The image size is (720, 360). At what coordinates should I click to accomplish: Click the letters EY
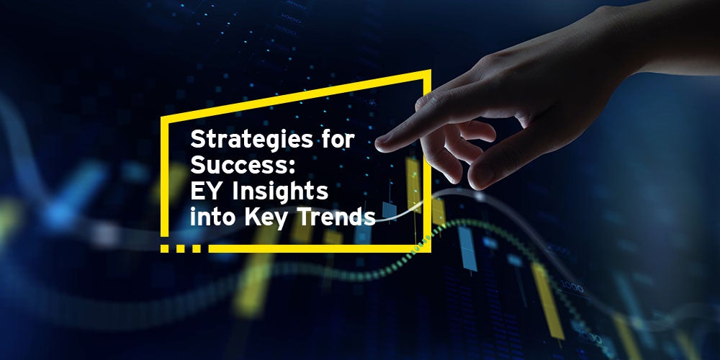tap(207, 191)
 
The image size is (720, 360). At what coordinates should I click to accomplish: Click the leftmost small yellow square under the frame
tap(164, 248)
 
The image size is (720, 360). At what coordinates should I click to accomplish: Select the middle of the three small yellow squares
tap(181, 248)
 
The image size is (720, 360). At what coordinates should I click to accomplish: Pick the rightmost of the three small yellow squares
tap(197, 248)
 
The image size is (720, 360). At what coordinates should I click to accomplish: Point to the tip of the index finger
tap(379, 145)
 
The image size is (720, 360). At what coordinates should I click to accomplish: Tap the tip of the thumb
tap(473, 182)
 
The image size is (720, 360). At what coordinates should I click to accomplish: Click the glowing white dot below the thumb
tap(480, 196)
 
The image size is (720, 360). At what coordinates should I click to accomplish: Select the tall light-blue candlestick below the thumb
tap(467, 248)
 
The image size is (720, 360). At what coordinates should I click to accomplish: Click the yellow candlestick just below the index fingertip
tap(413, 184)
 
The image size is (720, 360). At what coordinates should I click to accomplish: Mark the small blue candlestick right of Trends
tap(390, 210)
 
